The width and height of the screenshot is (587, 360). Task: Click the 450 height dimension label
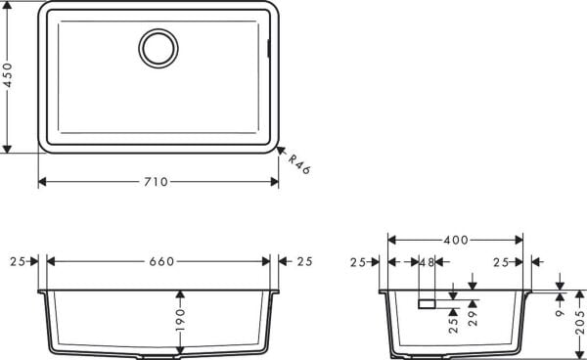[9, 76]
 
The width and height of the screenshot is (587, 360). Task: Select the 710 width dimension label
[157, 182]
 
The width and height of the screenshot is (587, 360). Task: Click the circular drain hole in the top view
[158, 47]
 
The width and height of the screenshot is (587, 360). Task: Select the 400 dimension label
[455, 240]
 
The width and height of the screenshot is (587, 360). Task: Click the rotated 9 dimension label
[559, 312]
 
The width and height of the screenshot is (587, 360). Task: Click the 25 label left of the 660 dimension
[18, 261]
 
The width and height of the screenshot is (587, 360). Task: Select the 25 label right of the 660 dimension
[303, 261]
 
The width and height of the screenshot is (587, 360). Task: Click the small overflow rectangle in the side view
[427, 303]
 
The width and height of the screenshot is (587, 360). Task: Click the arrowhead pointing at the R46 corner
[280, 152]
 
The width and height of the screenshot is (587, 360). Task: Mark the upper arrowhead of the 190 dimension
[179, 293]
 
